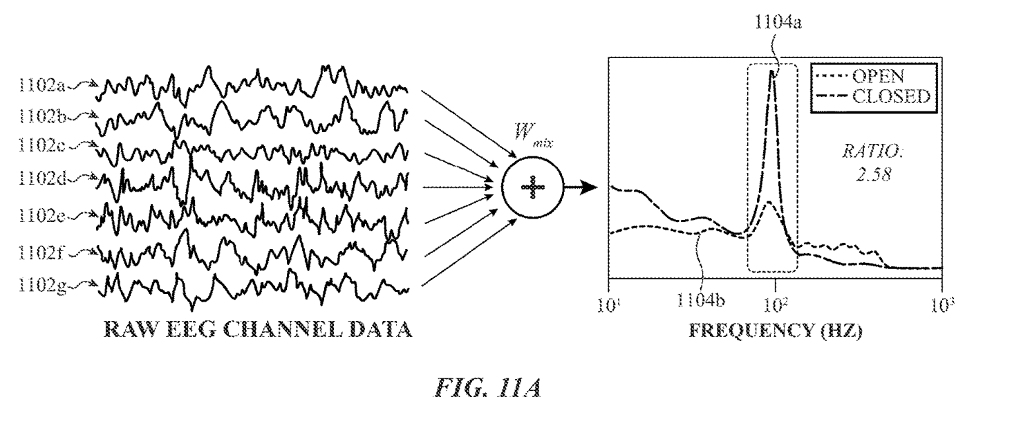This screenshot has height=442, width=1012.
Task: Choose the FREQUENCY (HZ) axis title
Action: pos(776,330)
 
